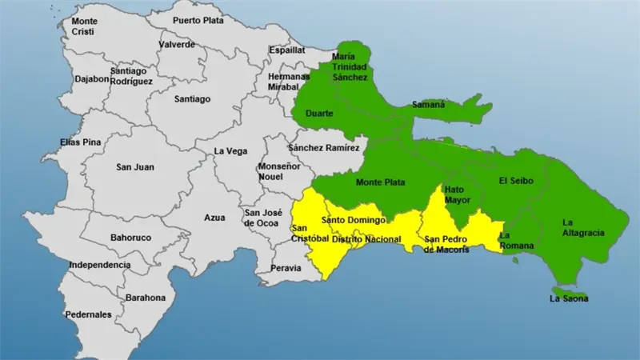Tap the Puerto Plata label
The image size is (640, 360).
tap(198, 20)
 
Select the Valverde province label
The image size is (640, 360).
tap(177, 45)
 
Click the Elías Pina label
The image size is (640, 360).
tap(81, 142)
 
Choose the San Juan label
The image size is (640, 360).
tap(135, 167)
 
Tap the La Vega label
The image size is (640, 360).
tap(230, 151)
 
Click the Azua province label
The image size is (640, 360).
tap(215, 217)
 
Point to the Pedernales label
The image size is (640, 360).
tap(88, 314)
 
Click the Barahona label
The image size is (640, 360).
tap(145, 298)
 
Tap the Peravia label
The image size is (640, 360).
tap(286, 268)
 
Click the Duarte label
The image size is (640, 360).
tap(319, 114)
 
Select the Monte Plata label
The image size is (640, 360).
tap(380, 182)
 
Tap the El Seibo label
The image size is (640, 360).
tap(514, 181)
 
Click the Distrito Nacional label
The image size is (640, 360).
tap(366, 239)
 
